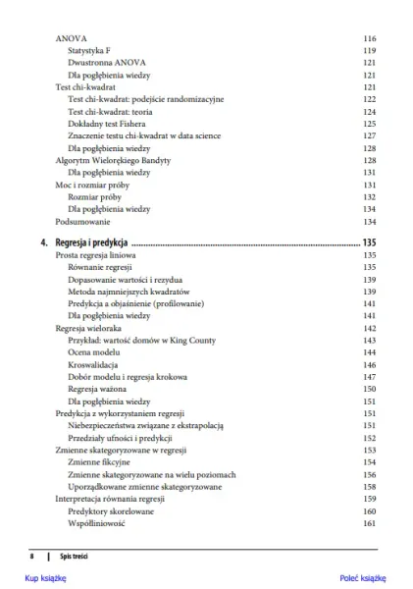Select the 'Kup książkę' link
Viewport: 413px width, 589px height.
pyautogui.click(x=45, y=579)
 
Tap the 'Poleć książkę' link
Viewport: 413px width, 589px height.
pyautogui.click(x=364, y=579)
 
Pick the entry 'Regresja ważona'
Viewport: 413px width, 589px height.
pyautogui.click(x=98, y=389)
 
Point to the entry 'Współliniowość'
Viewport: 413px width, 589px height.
pyautogui.click(x=97, y=523)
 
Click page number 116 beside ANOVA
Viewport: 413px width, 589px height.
pyautogui.click(x=370, y=38)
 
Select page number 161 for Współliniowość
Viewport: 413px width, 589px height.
pyautogui.click(x=370, y=523)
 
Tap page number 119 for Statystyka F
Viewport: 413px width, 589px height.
pyautogui.click(x=370, y=50)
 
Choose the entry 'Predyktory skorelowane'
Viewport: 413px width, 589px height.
pyautogui.click(x=111, y=511)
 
